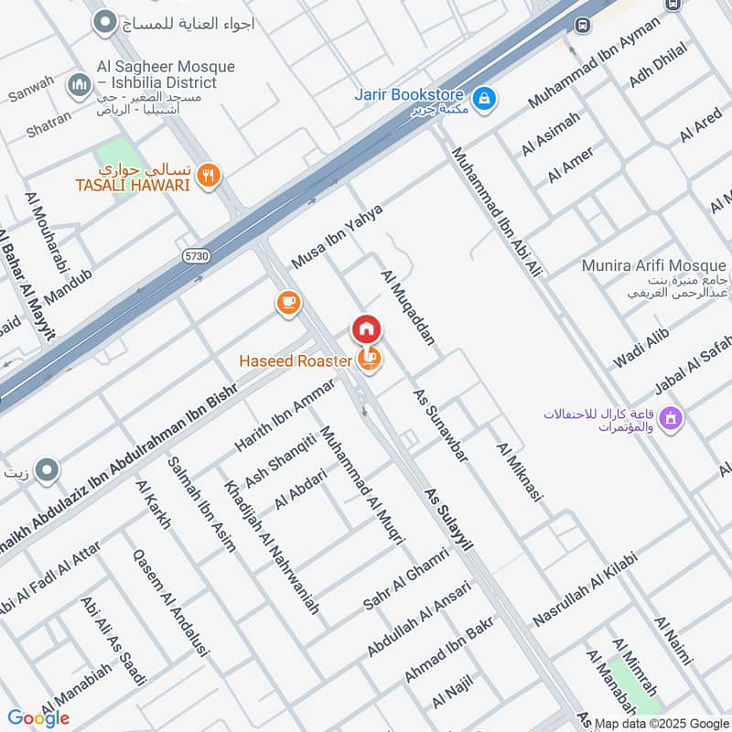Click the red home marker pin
click(x=366, y=328)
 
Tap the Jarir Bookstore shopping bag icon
click(x=485, y=96)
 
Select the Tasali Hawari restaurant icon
click(x=210, y=175)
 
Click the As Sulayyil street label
click(x=449, y=519)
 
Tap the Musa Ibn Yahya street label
click(x=337, y=236)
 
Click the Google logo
click(x=38, y=718)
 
